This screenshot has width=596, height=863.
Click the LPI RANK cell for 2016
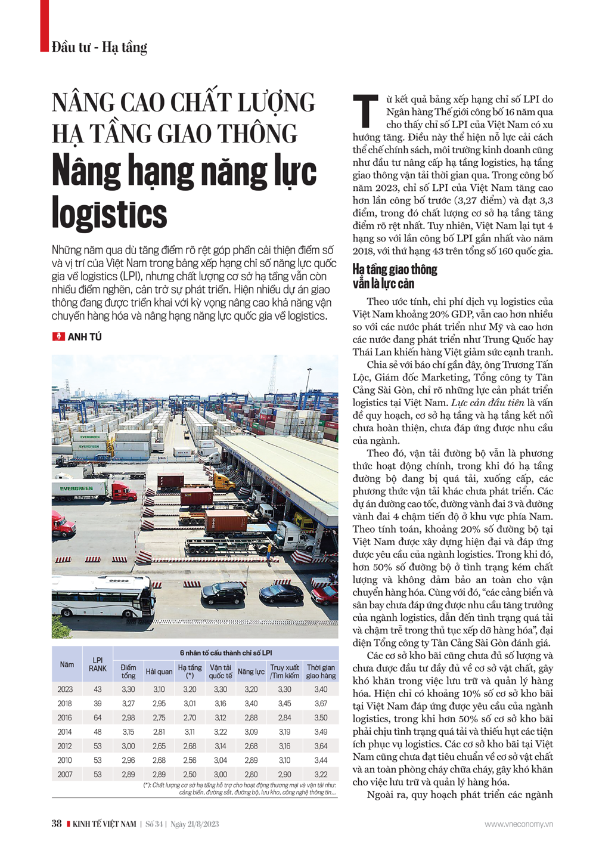[x=97, y=717]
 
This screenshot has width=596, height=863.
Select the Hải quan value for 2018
[x=159, y=703]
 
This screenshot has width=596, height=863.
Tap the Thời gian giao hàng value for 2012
[x=321, y=746]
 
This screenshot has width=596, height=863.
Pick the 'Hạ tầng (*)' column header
[x=190, y=672]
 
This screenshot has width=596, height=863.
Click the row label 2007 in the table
[x=65, y=774]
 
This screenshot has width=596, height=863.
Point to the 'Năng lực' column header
[x=251, y=672]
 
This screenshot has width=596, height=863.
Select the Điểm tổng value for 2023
[x=128, y=689]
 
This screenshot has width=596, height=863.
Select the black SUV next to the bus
[x=223, y=592]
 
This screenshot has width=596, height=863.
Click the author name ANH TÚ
[x=85, y=337]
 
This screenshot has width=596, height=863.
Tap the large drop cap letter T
[x=365, y=111]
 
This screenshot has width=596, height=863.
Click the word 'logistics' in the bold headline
[x=109, y=214]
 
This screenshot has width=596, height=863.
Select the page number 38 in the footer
[x=57, y=824]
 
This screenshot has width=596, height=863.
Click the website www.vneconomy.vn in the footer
[x=518, y=824]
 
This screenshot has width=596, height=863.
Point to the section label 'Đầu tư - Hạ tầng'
[x=99, y=47]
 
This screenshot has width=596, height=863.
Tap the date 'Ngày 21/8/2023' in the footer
[x=194, y=824]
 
